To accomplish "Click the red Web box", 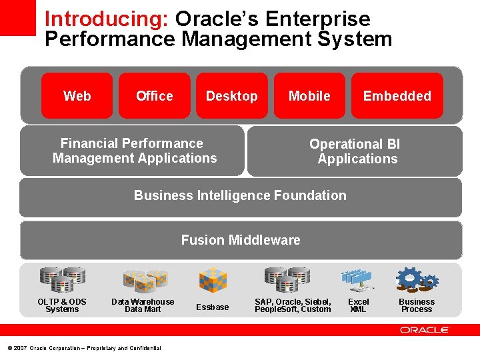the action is tap(77, 96).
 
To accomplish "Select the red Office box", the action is tap(155, 96).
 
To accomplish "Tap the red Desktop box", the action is tap(231, 96).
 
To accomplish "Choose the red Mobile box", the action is tap(309, 96).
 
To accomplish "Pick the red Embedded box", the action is tap(397, 96).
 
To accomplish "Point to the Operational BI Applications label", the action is tap(355, 151).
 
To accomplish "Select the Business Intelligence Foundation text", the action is tap(240, 195).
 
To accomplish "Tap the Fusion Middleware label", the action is tap(241, 240).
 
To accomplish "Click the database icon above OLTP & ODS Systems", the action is tap(61, 280).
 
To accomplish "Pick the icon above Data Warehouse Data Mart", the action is tap(144, 281).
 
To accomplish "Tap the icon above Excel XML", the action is tap(357, 281).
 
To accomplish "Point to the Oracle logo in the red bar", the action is tap(425, 330).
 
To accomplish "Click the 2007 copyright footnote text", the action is tap(84, 348).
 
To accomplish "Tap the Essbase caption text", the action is tap(212, 307).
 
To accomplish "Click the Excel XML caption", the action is tap(358, 305).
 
